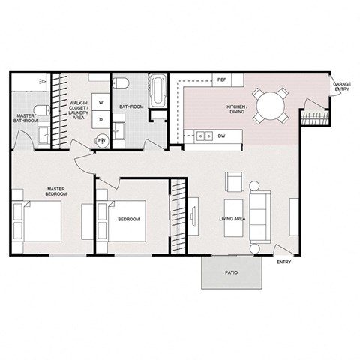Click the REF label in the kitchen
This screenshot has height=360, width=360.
click(x=222, y=79)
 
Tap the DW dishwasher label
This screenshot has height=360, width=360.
click(x=222, y=136)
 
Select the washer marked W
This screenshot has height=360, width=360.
click(x=100, y=103)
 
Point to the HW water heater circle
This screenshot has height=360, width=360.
click(x=101, y=139)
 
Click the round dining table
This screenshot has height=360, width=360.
click(x=269, y=106)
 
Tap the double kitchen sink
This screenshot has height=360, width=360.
click(x=202, y=136)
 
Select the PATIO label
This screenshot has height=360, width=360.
click(x=232, y=272)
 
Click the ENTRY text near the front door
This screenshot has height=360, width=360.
click(x=283, y=262)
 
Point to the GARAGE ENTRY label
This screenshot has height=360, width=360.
click(x=341, y=87)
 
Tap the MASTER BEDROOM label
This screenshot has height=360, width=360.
click(x=56, y=191)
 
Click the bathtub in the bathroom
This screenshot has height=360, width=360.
click(x=158, y=91)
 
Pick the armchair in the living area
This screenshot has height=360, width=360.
click(x=234, y=182)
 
